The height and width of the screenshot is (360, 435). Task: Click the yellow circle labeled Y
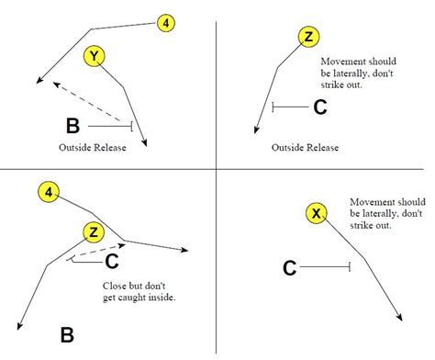pos(94,57)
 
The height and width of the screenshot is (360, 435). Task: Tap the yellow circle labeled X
pos(317,214)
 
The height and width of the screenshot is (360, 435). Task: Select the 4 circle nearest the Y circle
pos(165,23)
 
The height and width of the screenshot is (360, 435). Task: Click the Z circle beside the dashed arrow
pos(93,231)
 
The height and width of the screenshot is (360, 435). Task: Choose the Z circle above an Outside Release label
pos(309,37)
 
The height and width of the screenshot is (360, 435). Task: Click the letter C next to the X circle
pos(289,267)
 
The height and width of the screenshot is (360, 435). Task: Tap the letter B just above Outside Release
pos(73,126)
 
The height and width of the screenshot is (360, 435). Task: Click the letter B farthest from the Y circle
pos(67,333)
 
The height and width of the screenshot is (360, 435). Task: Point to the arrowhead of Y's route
pos(144,141)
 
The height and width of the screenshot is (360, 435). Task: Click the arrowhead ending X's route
pos(401,318)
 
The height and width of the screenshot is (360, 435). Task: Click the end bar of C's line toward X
pos(351,267)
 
